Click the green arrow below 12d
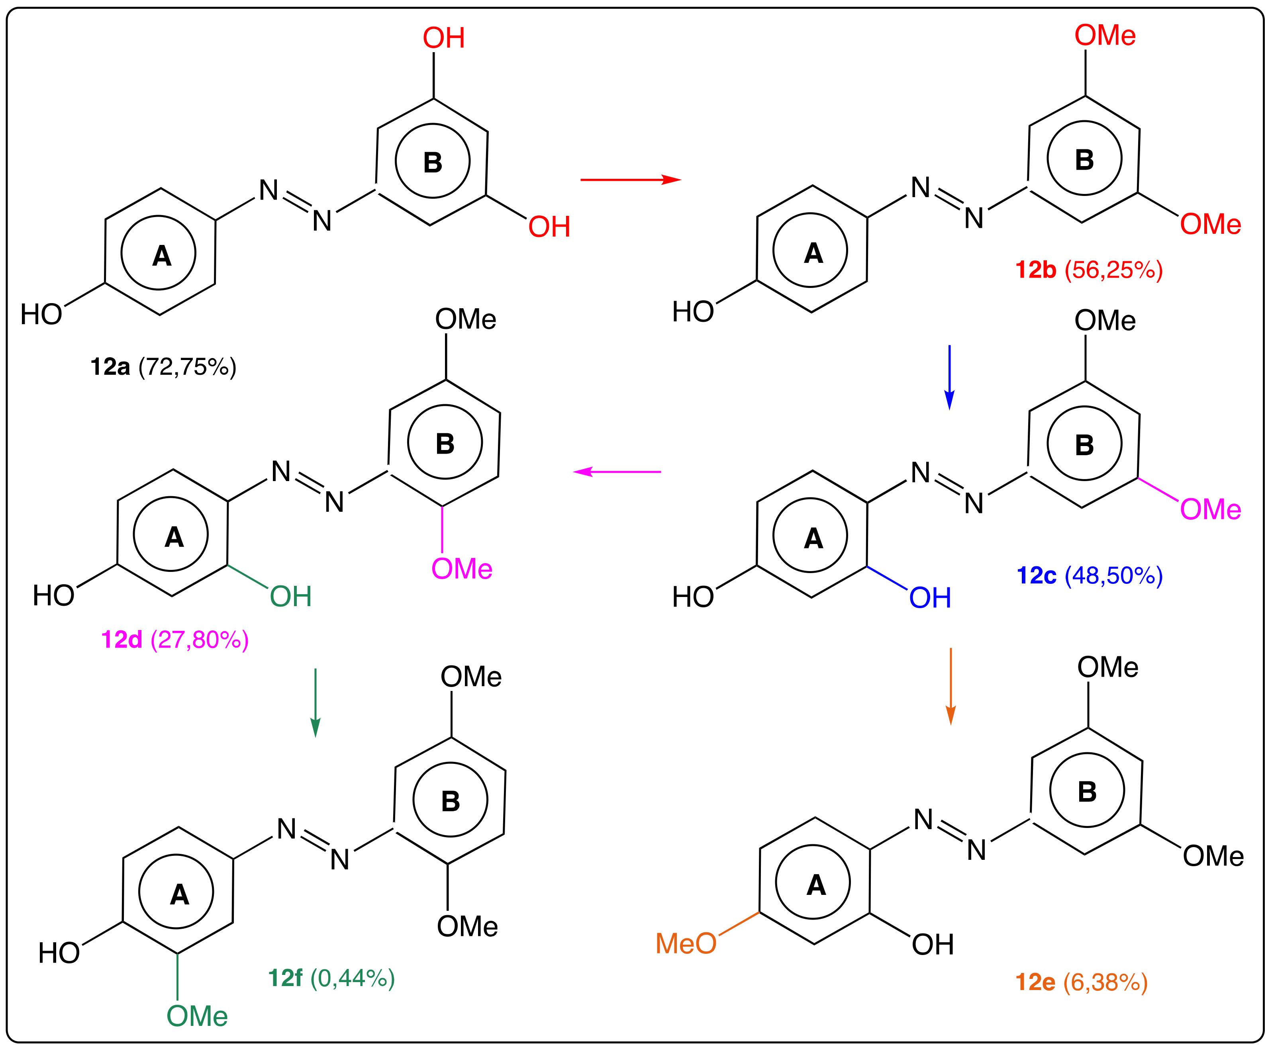(315, 702)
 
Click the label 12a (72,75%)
(163, 367)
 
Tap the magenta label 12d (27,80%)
(175, 639)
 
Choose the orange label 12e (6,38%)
(1081, 982)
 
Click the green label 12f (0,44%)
(331, 978)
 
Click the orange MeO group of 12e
(686, 943)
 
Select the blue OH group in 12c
(930, 598)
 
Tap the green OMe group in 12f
(197, 1016)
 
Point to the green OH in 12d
(291, 597)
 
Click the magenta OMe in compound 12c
(1210, 509)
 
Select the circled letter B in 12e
(1087, 791)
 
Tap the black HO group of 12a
(41, 314)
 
